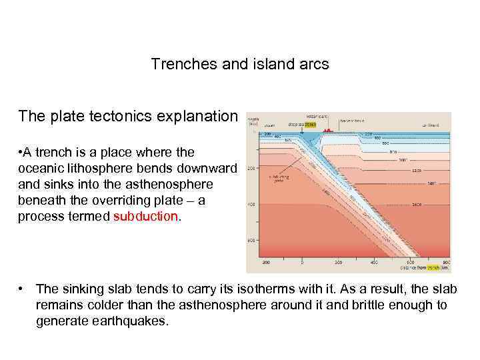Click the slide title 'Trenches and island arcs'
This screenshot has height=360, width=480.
click(x=239, y=65)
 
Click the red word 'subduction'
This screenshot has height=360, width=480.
click(x=145, y=217)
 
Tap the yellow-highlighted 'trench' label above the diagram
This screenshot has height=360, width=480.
click(x=309, y=124)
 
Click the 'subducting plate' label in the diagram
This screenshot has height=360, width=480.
click(x=278, y=179)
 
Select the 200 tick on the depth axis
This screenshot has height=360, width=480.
click(x=251, y=169)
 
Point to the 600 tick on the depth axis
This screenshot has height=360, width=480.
click(x=251, y=239)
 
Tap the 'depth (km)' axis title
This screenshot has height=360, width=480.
click(x=253, y=120)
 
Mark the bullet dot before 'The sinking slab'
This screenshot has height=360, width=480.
click(x=23, y=289)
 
